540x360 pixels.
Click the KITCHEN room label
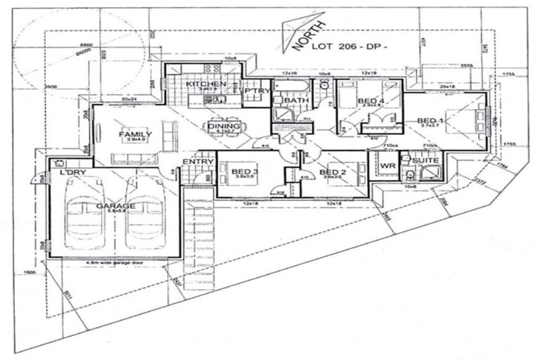(205, 84)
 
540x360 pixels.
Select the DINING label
(224, 126)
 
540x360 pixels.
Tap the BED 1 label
(430, 121)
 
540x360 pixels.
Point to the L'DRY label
(72, 172)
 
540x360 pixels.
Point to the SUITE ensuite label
(425, 161)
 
